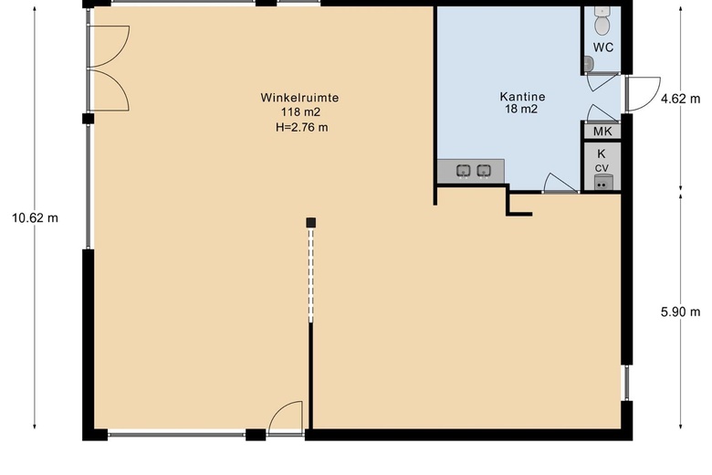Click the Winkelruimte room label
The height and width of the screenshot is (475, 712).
299,98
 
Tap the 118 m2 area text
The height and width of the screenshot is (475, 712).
300,112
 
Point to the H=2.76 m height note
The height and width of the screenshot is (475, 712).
301,127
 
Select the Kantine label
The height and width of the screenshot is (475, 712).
522,96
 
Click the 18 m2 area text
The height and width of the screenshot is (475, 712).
521,109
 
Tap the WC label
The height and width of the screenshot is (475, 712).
603,47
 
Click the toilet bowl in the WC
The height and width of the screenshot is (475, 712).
602,25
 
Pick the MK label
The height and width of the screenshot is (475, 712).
602,132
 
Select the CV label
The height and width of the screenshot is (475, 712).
602,169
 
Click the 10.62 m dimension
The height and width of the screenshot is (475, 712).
35,218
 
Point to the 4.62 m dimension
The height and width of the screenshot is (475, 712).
680,99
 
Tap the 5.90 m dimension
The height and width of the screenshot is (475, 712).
680,312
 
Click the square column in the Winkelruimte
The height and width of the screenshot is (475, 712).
310,223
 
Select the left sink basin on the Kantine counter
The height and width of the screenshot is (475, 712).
463,171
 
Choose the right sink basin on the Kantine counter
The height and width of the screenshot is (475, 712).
484,171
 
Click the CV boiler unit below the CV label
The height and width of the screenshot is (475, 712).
602,183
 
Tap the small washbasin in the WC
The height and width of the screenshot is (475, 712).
589,64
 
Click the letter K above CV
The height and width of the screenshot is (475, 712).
602,153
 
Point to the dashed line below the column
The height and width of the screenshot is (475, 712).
310,275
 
